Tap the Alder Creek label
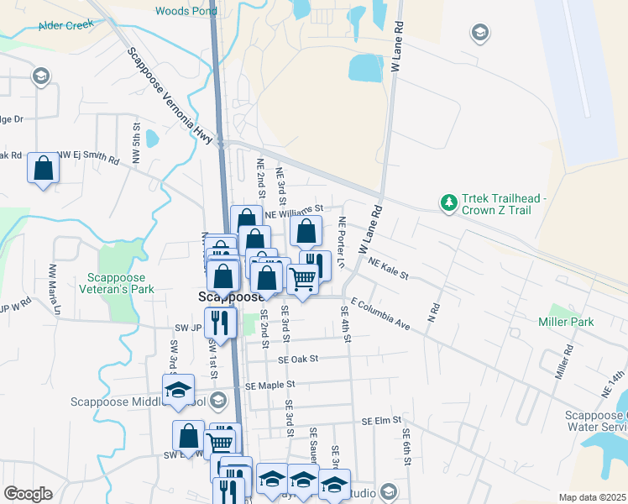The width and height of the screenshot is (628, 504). pos(65,25)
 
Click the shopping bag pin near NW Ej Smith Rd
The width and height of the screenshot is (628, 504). pos(44,168)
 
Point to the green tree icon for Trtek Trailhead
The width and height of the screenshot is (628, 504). pos(449,203)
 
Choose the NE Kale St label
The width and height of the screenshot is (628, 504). pos(388,270)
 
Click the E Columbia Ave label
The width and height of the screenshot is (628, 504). pos(379,312)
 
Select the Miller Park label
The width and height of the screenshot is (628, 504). pos(566,322)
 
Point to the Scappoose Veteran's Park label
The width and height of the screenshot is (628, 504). pos(117,284)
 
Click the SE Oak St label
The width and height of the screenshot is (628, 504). pos(299,359)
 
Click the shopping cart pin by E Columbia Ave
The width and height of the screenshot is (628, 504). pos(303,278)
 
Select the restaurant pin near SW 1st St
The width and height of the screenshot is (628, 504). pos(221,322)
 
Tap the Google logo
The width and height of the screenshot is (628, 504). pos(27,494)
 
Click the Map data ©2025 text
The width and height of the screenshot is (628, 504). pos(592,497)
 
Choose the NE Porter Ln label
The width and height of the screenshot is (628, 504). pos(342,243)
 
